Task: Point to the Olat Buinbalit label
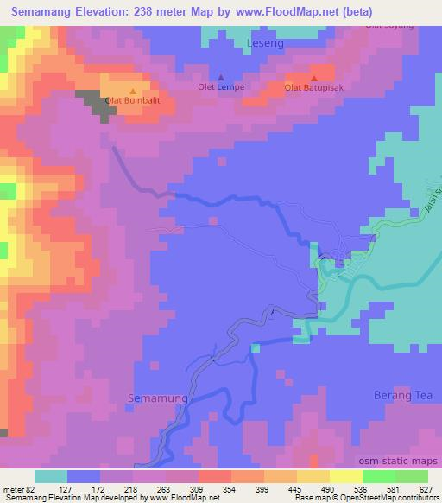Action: [x=133, y=101]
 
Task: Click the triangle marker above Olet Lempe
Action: [x=220, y=77]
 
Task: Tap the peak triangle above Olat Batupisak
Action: [x=313, y=78]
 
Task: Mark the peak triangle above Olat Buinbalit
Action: [x=132, y=91]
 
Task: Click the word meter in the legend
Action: [x=13, y=489]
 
